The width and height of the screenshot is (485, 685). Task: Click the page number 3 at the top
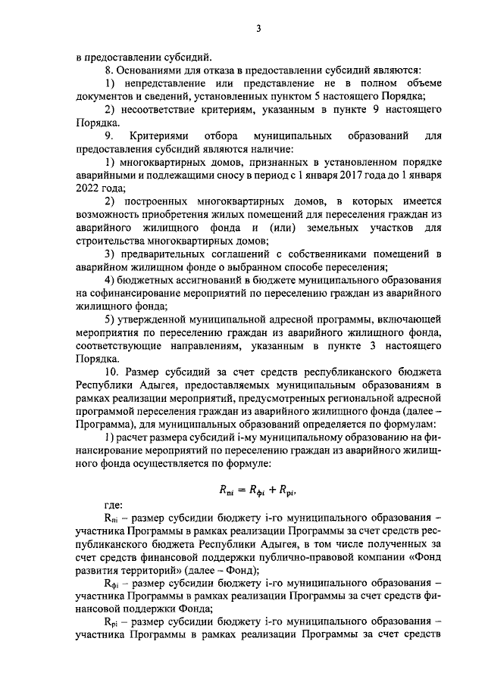[x=258, y=30]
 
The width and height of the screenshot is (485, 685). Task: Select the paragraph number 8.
[x=108, y=70]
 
